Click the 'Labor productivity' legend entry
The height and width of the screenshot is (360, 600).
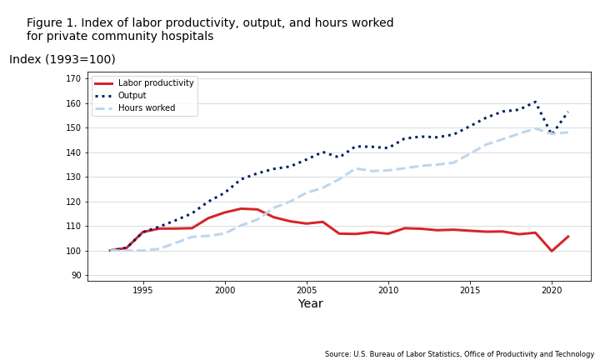tap(155, 83)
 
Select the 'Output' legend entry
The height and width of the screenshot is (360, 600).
tap(132, 96)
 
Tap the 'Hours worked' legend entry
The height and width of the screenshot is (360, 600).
tap(147, 108)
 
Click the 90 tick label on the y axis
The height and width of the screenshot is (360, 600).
tap(76, 276)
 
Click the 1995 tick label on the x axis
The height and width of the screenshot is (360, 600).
tap(142, 290)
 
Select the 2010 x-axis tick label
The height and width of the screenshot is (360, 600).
tap(388, 290)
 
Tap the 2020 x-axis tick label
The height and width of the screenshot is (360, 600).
tap(552, 290)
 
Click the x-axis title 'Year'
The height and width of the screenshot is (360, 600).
tap(310, 304)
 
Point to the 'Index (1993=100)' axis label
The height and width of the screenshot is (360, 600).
tap(62, 60)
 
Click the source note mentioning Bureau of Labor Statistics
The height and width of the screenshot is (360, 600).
tap(459, 354)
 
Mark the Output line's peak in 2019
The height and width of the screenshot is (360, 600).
tap(535, 102)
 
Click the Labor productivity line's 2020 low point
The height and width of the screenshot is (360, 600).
tap(552, 251)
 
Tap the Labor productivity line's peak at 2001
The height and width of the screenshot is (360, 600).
tap(241, 208)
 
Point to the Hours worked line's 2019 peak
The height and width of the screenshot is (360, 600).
tap(535, 128)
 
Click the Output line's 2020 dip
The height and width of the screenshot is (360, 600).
tap(552, 133)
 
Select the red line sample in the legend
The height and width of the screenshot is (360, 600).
tap(104, 83)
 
